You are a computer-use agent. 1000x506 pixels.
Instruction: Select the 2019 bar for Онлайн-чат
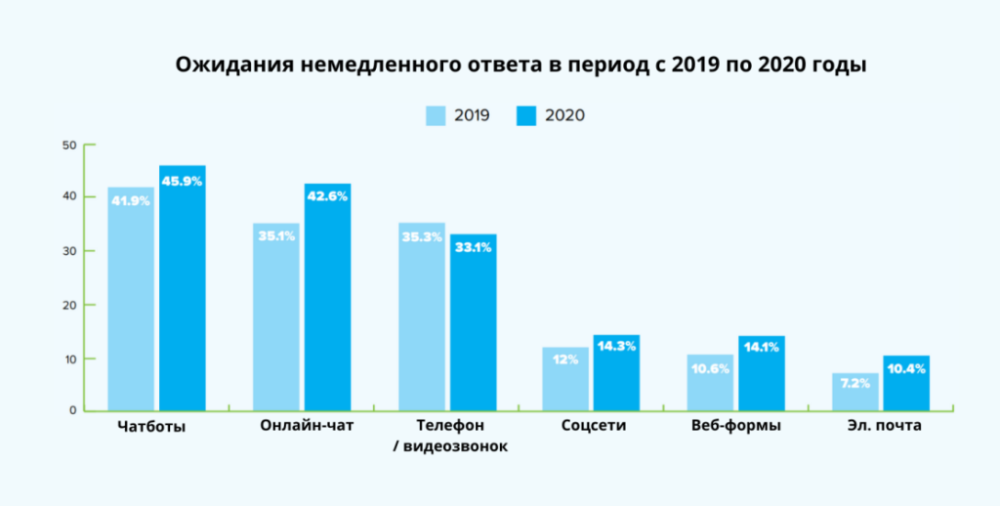(275, 322)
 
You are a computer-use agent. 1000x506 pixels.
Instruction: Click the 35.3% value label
(421, 235)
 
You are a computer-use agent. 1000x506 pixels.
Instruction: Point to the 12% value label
(566, 359)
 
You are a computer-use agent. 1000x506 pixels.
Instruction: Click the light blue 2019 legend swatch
(436, 115)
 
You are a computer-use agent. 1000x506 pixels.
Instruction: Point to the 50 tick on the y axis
(68, 146)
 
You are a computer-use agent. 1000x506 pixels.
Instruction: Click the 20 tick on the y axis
(68, 305)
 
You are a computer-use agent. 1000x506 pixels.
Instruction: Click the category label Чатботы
(151, 427)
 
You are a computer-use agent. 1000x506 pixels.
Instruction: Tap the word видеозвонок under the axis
(455, 446)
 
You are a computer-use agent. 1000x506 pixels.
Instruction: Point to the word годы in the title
(843, 66)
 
